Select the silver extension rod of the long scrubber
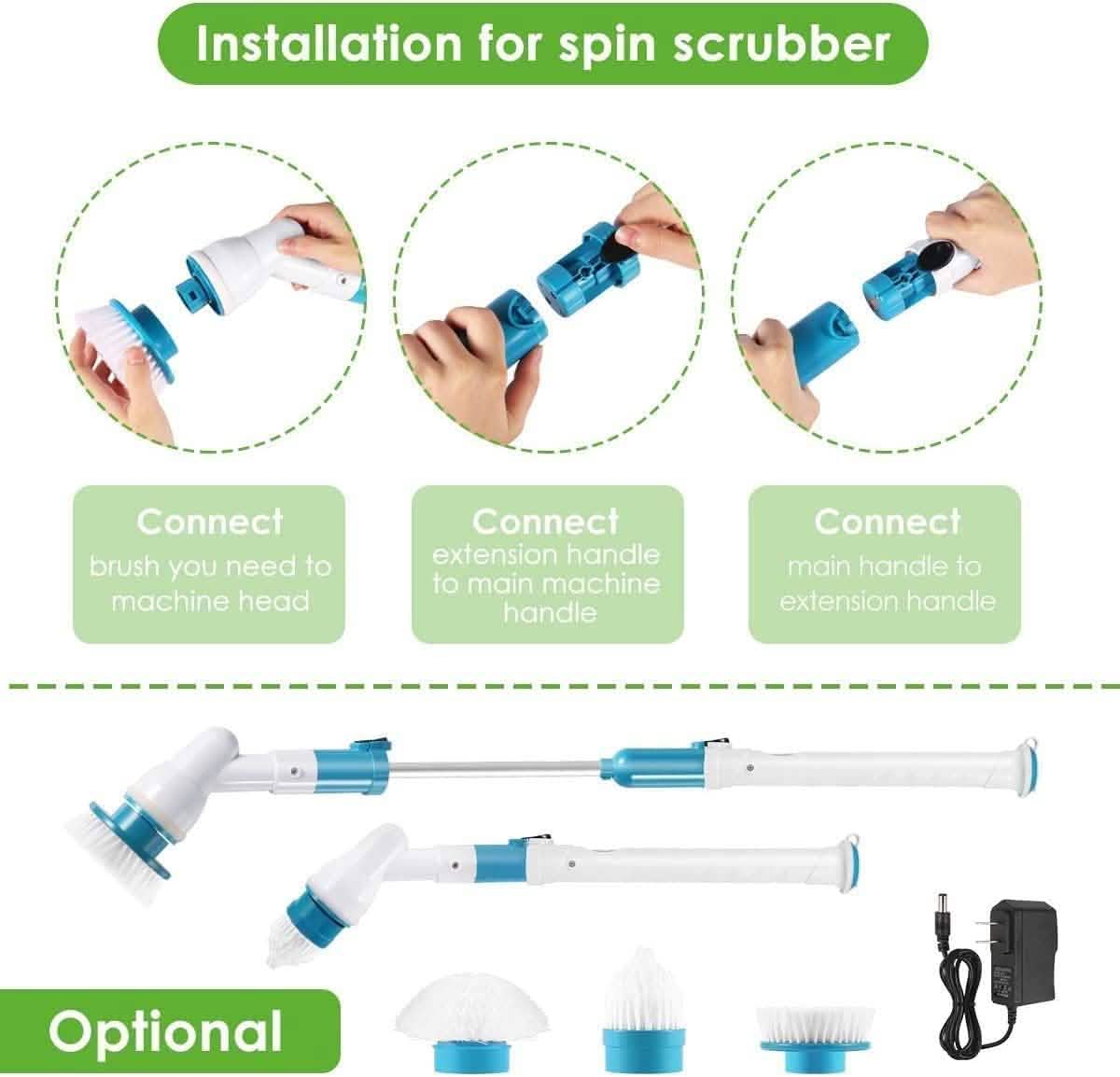pos(495,767)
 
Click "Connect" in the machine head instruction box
pos(209,521)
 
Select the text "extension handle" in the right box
pos(887,600)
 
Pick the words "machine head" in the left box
pos(209,600)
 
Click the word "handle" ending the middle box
pos(548,612)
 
